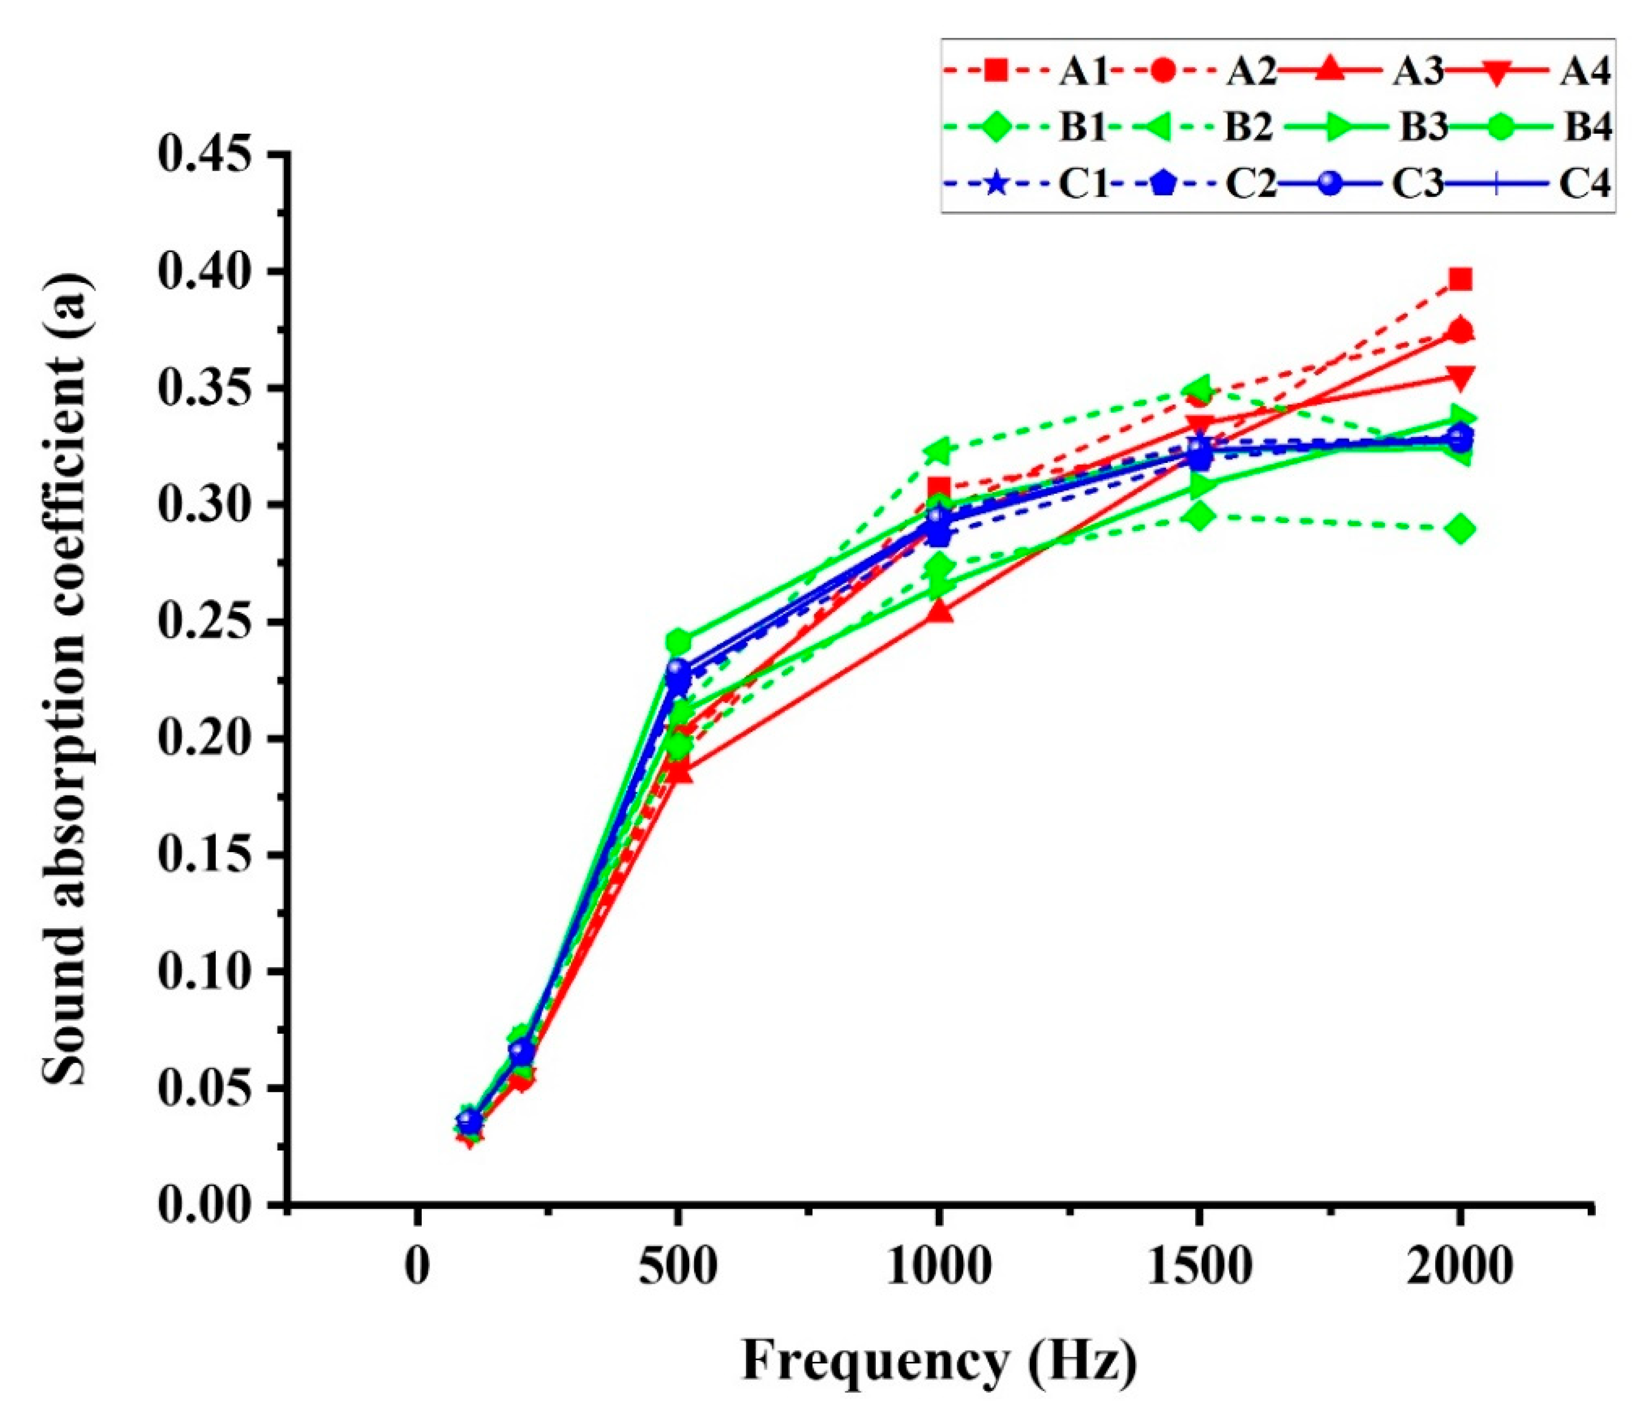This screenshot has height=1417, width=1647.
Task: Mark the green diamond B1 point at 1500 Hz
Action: [1200, 516]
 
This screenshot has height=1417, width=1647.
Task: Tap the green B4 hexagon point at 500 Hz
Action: [678, 640]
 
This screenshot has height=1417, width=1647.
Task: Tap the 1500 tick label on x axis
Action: [1200, 1267]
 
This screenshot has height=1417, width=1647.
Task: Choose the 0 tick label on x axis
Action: [417, 1267]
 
